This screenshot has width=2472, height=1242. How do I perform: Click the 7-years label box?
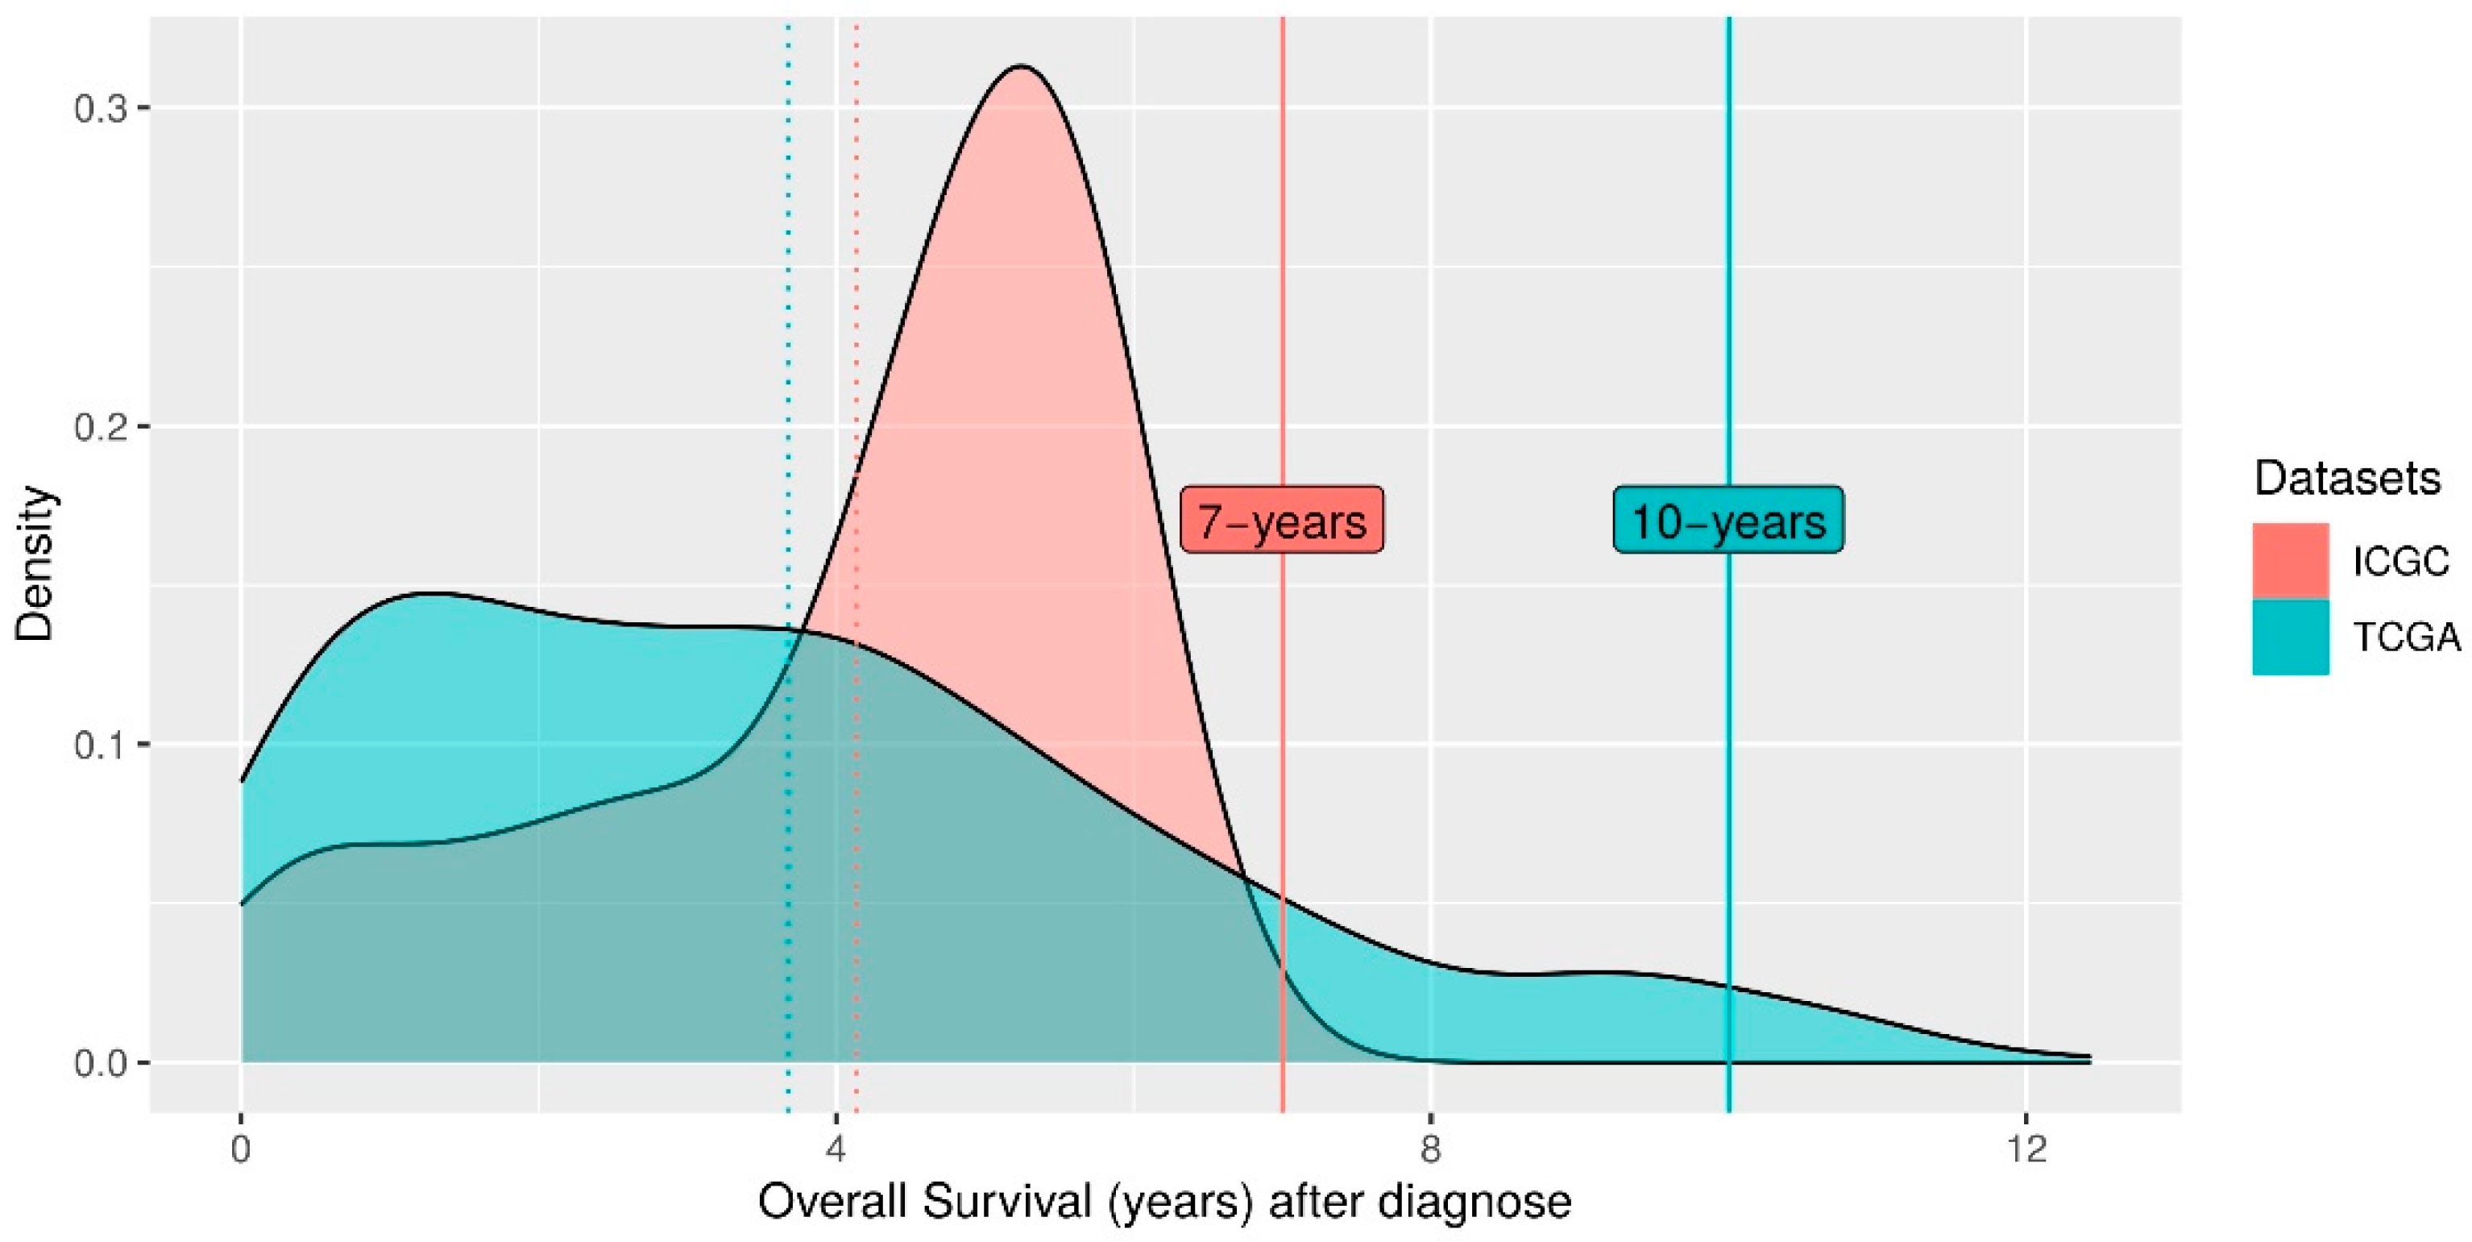1281,519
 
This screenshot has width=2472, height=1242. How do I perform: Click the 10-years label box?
1727,519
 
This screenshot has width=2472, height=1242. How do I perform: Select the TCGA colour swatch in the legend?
2291,637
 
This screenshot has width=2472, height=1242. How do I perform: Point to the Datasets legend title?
2346,478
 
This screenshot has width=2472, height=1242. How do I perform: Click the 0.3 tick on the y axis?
100,107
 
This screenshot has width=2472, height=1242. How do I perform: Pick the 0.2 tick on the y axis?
100,426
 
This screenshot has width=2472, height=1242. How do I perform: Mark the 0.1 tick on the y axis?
100,745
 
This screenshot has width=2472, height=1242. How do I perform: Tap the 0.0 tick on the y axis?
100,1063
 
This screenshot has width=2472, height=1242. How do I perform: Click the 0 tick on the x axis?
241,1149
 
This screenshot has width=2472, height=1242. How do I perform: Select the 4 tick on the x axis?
836,1149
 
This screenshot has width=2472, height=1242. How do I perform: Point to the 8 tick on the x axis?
1431,1149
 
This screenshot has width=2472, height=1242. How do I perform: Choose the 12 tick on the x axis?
2026,1149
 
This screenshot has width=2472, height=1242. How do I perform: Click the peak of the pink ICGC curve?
1021,66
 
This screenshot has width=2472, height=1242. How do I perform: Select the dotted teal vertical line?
788,384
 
